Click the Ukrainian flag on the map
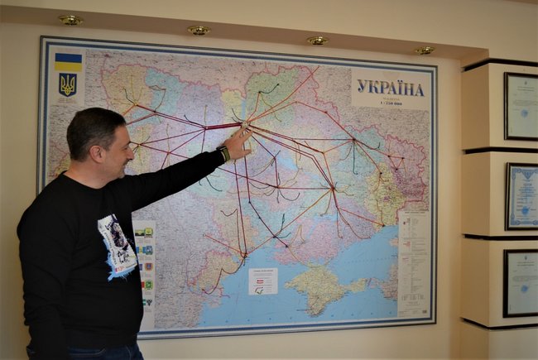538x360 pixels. pyautogui.click(x=68, y=61)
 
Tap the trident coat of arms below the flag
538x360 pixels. pyautogui.click(x=68, y=84)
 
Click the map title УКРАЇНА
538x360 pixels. pyautogui.click(x=390, y=88)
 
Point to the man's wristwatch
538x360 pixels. pyautogui.click(x=223, y=153)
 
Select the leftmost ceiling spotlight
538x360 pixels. pyautogui.click(x=70, y=20)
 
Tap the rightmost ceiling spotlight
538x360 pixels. pyautogui.click(x=424, y=50)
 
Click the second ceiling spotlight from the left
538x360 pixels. pyautogui.click(x=198, y=31)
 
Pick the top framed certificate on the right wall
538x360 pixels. pyautogui.click(x=521, y=106)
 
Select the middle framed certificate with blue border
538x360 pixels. pyautogui.click(x=521, y=196)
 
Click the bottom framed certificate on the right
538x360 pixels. pyautogui.click(x=521, y=283)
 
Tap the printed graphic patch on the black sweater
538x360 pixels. pyautogui.click(x=116, y=244)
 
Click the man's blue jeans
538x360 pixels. pyautogui.click(x=91, y=353)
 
